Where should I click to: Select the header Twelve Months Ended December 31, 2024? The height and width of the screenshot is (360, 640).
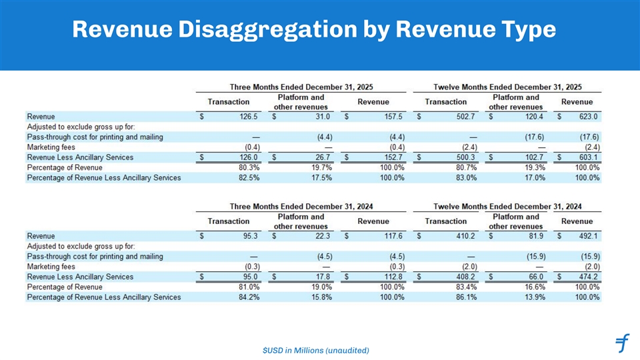(507, 206)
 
